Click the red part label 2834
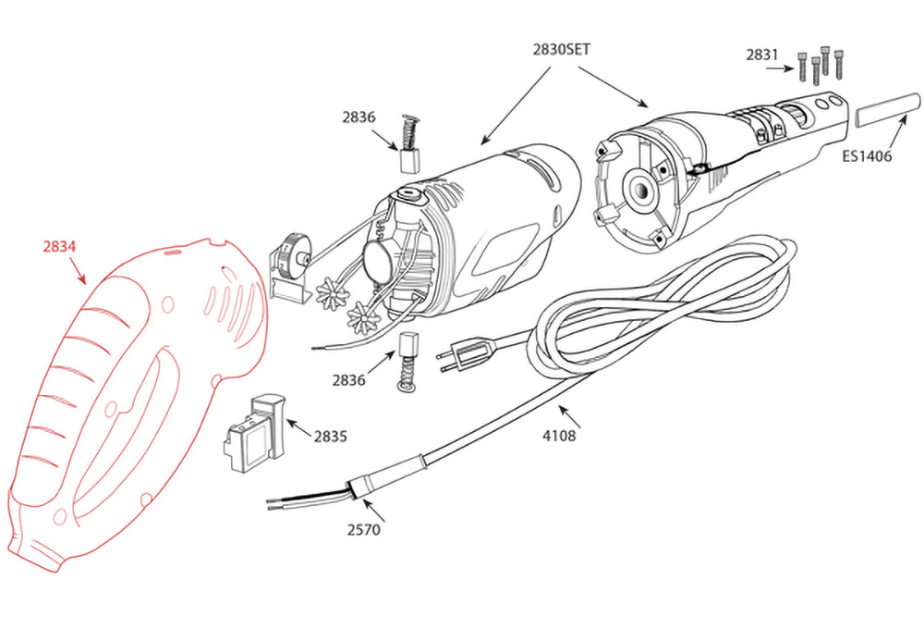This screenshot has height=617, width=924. pos(59,246)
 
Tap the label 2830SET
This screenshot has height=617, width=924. pos(561,50)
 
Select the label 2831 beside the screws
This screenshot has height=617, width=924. pos(762,55)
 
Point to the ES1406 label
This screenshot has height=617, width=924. pos(867,156)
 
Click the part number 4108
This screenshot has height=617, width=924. pos(559,436)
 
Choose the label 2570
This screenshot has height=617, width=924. pos(363,530)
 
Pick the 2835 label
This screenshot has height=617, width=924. pos(330,437)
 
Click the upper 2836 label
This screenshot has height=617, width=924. pos(359,117)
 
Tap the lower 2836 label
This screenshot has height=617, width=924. pos(348,380)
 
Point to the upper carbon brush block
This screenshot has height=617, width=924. pos(410,160)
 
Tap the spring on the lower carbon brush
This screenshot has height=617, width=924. pos(406,376)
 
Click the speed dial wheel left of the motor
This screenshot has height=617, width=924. pos(291,254)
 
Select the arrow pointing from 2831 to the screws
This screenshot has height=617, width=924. pos(780,69)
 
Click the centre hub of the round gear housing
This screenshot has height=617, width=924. pos(639,190)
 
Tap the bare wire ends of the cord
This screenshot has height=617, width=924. pos(309,500)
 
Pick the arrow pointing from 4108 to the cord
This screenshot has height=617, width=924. pos(568,416)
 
